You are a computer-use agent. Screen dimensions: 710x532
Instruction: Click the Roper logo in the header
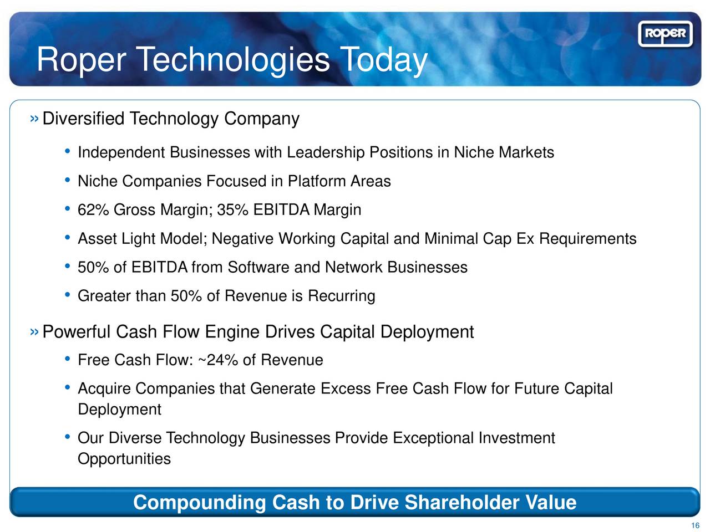(665, 34)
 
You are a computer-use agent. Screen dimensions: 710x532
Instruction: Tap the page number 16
(695, 525)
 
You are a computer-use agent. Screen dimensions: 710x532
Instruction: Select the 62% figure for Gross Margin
(93, 209)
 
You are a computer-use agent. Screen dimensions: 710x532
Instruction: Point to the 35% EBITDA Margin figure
(232, 209)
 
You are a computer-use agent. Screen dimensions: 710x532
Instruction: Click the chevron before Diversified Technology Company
(34, 119)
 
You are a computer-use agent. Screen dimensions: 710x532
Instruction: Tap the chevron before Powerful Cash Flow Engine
(34, 332)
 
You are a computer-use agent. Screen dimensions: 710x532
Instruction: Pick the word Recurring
(342, 296)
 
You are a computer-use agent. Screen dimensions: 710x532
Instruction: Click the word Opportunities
(124, 459)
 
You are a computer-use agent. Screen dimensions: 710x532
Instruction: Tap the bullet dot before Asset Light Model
(67, 238)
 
